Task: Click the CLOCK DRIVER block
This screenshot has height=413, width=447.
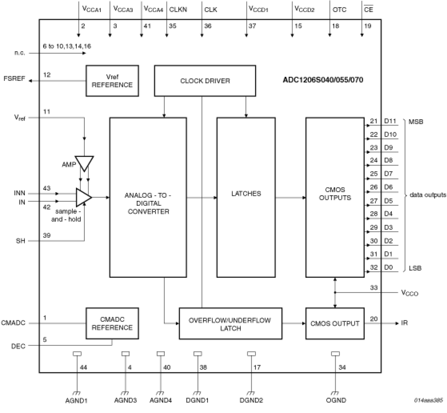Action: click(x=205, y=81)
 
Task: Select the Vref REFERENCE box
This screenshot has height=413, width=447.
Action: click(x=112, y=81)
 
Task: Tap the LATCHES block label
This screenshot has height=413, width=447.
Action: click(x=246, y=193)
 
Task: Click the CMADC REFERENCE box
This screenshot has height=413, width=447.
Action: click(x=112, y=323)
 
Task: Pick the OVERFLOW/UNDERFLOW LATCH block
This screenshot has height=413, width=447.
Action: click(x=230, y=324)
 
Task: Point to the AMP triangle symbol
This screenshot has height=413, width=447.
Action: click(x=84, y=162)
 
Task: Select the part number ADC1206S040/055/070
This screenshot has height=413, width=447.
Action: click(x=323, y=80)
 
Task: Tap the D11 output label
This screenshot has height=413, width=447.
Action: click(x=390, y=121)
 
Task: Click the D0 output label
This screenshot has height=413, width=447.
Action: click(x=388, y=267)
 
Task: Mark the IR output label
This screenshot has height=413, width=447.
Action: click(x=404, y=323)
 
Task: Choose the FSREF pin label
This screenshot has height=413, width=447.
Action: click(x=14, y=78)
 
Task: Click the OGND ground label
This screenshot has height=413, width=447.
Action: click(x=336, y=400)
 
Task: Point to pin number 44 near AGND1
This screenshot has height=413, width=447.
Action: click(x=83, y=367)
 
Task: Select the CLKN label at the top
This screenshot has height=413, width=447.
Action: click(x=178, y=10)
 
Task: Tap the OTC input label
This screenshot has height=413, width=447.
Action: click(x=339, y=10)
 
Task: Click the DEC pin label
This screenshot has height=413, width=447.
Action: click(x=18, y=346)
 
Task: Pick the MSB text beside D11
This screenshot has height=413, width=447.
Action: click(x=416, y=122)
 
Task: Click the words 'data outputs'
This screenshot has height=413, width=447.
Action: click(x=427, y=195)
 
